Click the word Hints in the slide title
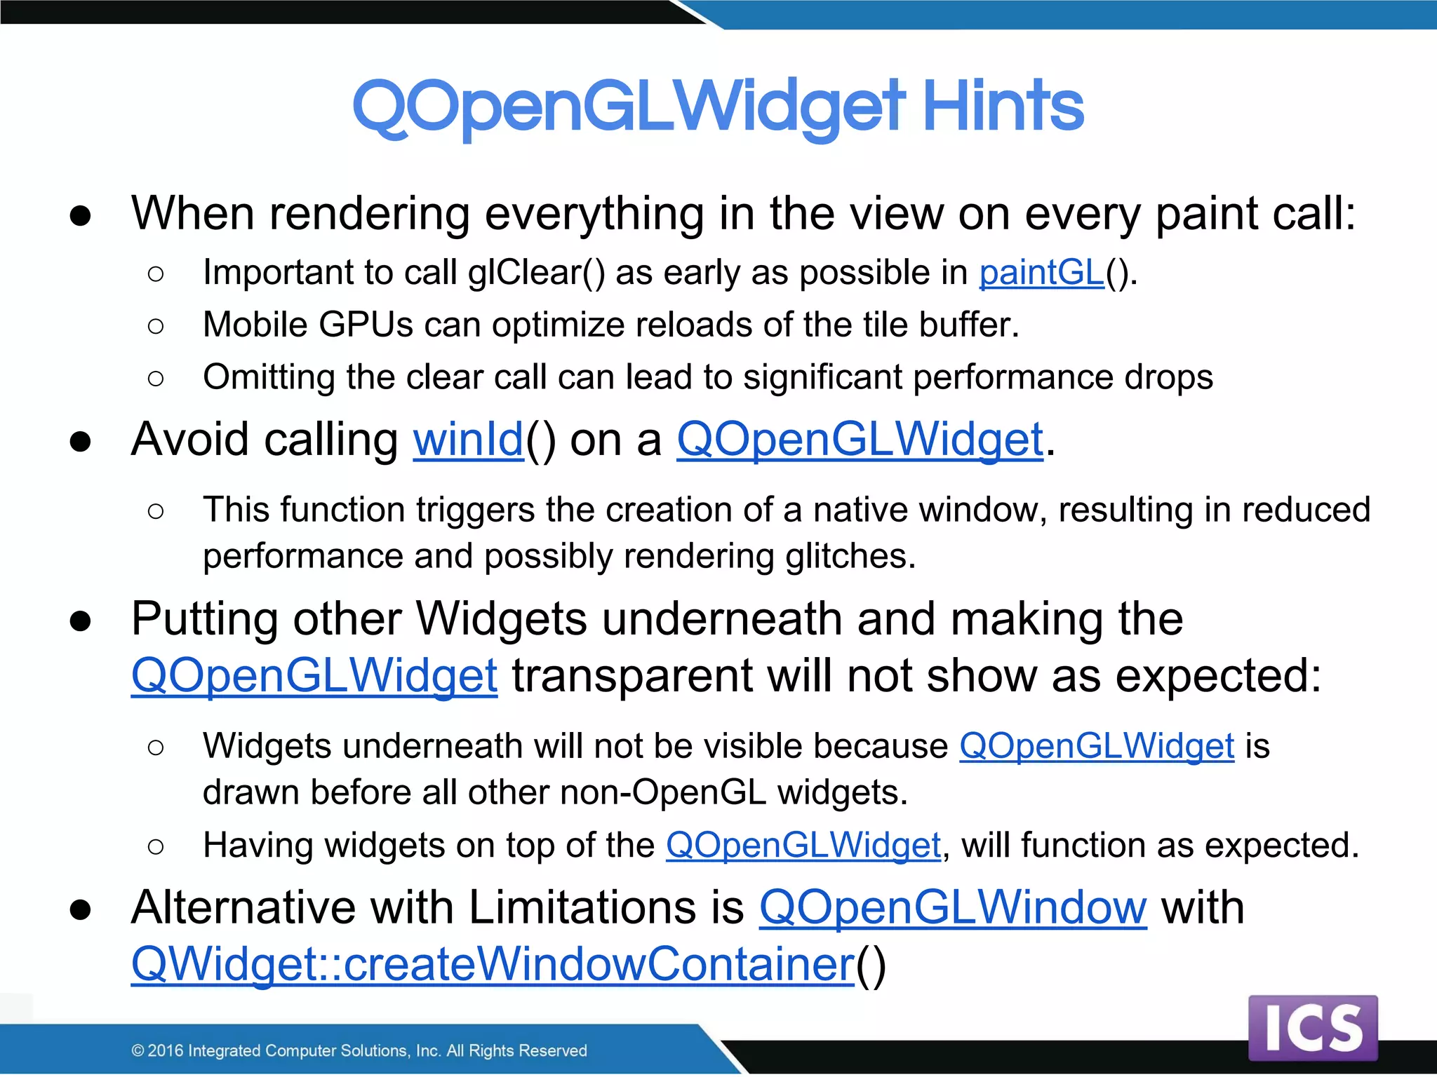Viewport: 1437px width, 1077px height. pyautogui.click(x=1003, y=107)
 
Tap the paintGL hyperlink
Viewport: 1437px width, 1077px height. pyautogui.click(x=1042, y=272)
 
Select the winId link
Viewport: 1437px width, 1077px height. pyautogui.click(x=468, y=440)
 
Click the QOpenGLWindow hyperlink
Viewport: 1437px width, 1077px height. pyautogui.click(x=953, y=907)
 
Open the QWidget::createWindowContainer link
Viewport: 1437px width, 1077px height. pyautogui.click(x=493, y=964)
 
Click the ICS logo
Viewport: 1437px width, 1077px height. pyautogui.click(x=1313, y=1028)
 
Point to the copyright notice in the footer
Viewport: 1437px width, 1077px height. pyautogui.click(x=359, y=1050)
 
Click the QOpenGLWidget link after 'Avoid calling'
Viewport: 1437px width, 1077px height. pyautogui.click(x=860, y=440)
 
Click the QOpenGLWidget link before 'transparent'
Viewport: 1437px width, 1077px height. pyautogui.click(x=314, y=675)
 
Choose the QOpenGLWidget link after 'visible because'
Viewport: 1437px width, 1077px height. pyautogui.click(x=1097, y=745)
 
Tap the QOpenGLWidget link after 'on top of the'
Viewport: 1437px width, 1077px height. pyautogui.click(x=803, y=845)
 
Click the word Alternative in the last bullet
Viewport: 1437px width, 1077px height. pyautogui.click(x=243, y=907)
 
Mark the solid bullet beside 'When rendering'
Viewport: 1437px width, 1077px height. pyautogui.click(x=81, y=215)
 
